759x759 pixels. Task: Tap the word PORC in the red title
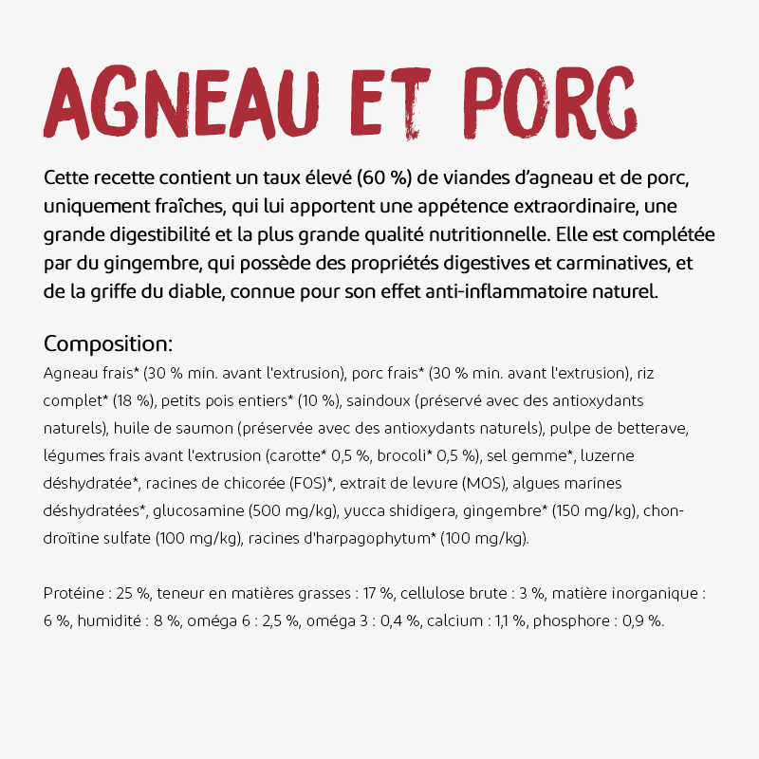(554, 102)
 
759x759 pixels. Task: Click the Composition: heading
(108, 342)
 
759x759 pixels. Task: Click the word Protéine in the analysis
(74, 594)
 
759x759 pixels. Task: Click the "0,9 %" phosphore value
(646, 621)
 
